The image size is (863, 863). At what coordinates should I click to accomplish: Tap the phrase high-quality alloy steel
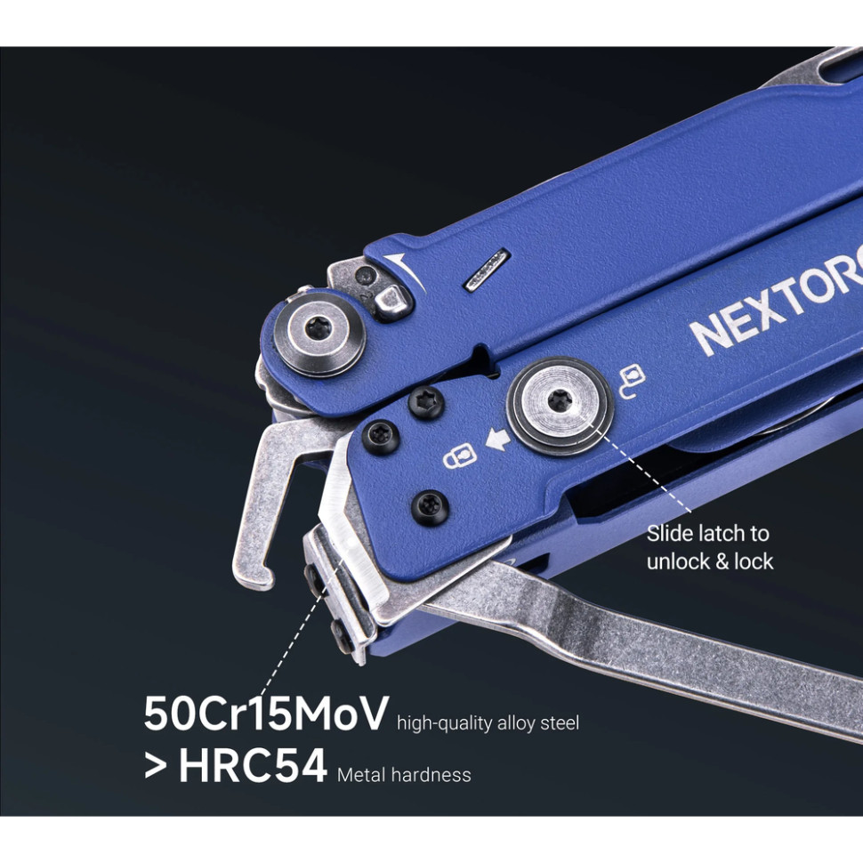click(488, 723)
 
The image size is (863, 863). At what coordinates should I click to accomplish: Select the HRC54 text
click(253, 767)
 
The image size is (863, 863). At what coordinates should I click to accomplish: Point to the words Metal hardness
click(404, 775)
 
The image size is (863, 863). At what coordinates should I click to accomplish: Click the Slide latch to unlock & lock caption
click(709, 547)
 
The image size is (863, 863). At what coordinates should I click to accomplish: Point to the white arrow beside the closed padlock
click(494, 438)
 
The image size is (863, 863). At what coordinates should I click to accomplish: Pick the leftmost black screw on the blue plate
click(376, 435)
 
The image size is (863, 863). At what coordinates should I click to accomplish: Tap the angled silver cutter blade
click(347, 525)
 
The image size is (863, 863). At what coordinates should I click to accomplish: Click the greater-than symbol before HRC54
click(156, 767)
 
